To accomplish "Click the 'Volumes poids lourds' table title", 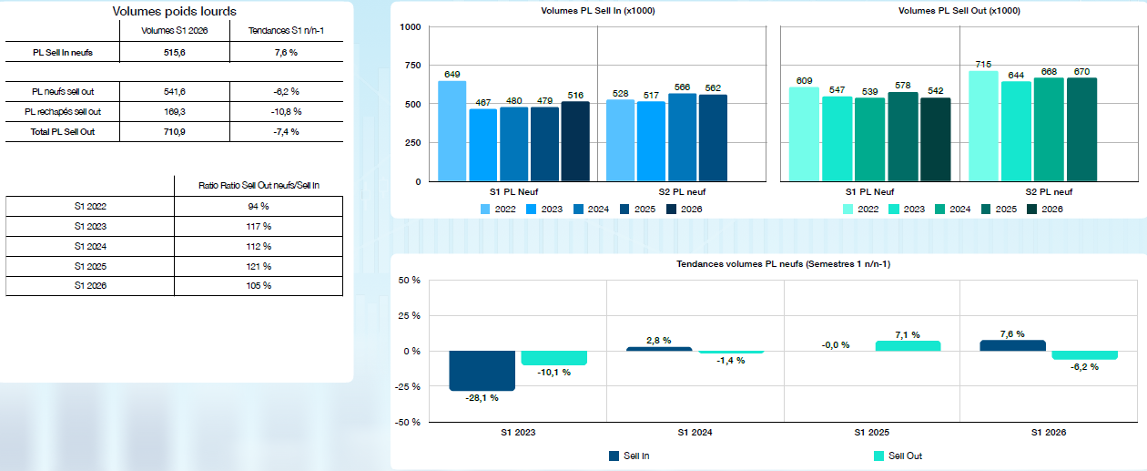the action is click(174, 11).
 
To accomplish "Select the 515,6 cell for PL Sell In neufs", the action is click(175, 52).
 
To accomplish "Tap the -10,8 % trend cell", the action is click(286, 112).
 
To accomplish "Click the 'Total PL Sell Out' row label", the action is click(63, 132).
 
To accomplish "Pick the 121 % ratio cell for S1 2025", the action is click(259, 267).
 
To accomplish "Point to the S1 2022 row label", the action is click(90, 207).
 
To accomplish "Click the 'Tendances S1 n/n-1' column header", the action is click(286, 31).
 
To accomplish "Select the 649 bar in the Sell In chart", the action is click(452, 130).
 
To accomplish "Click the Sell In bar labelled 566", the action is click(682, 138).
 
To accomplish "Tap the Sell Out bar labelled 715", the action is click(983, 126).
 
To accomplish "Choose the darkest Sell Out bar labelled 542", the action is click(936, 139).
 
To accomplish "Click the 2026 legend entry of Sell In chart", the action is click(685, 210).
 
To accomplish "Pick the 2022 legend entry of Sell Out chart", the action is click(861, 210).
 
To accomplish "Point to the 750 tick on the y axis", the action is click(412, 65).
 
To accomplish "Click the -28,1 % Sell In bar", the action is click(482, 371).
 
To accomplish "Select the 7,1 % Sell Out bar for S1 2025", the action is click(908, 346).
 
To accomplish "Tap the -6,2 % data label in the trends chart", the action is click(1084, 367).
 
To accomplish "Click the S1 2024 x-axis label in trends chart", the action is click(695, 433).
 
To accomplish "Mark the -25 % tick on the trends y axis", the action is click(408, 386).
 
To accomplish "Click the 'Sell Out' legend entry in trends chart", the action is click(898, 456).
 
